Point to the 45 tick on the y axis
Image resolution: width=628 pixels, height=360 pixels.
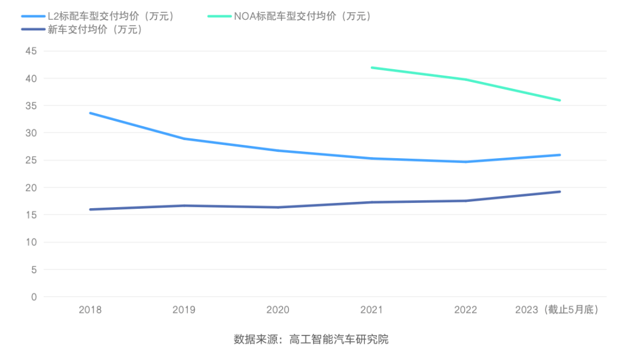point(31,51)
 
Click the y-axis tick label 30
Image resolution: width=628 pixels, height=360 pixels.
point(31,133)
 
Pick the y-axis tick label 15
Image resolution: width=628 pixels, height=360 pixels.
point(31,215)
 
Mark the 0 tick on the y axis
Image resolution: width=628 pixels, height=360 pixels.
point(34,297)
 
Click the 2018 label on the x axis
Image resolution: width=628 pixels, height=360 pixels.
point(90,310)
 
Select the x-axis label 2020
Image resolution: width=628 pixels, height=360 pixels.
point(278,310)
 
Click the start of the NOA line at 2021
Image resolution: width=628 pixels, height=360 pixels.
point(372,67)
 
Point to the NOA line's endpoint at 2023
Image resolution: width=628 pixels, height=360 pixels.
point(559,100)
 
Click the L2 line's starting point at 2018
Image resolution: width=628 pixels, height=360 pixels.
point(90,113)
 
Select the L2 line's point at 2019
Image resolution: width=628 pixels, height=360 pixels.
point(184,139)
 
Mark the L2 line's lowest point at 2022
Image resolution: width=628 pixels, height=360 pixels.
point(465,162)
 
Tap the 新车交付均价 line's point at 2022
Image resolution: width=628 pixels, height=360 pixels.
point(465,201)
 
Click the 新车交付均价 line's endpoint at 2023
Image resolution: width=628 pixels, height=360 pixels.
point(559,191)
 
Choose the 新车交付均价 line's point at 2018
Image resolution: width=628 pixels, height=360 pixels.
point(90,209)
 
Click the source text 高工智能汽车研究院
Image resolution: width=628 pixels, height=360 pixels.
point(339,340)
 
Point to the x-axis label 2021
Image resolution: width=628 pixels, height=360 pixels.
point(372,310)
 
